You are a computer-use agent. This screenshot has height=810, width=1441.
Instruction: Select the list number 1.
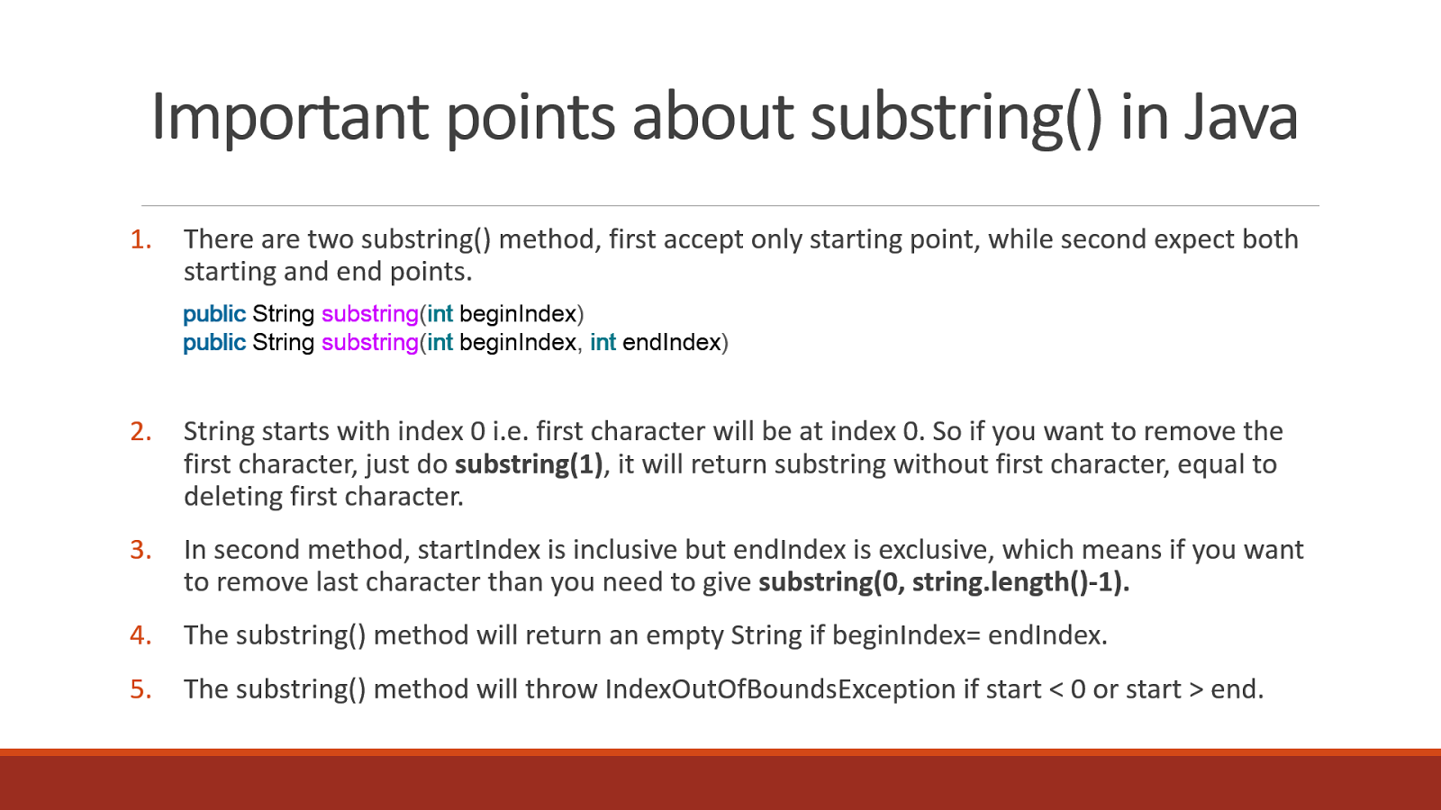coord(140,239)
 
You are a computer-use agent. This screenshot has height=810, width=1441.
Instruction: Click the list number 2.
coord(140,432)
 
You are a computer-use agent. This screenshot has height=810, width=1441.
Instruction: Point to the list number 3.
coord(140,550)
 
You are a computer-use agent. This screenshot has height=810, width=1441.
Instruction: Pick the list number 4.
coord(140,635)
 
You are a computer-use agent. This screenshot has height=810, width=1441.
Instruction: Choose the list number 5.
coord(140,689)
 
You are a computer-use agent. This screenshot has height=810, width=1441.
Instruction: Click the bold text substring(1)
coord(529,464)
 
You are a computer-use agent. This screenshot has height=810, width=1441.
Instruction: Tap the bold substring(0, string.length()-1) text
coord(943,582)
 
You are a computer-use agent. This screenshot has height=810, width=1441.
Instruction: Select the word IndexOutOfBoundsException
coord(780,689)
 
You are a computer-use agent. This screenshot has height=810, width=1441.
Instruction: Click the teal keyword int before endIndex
coord(603,343)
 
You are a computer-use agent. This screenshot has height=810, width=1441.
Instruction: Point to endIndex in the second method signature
coord(672,343)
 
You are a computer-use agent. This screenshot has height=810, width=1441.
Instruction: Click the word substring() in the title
coord(956,118)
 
